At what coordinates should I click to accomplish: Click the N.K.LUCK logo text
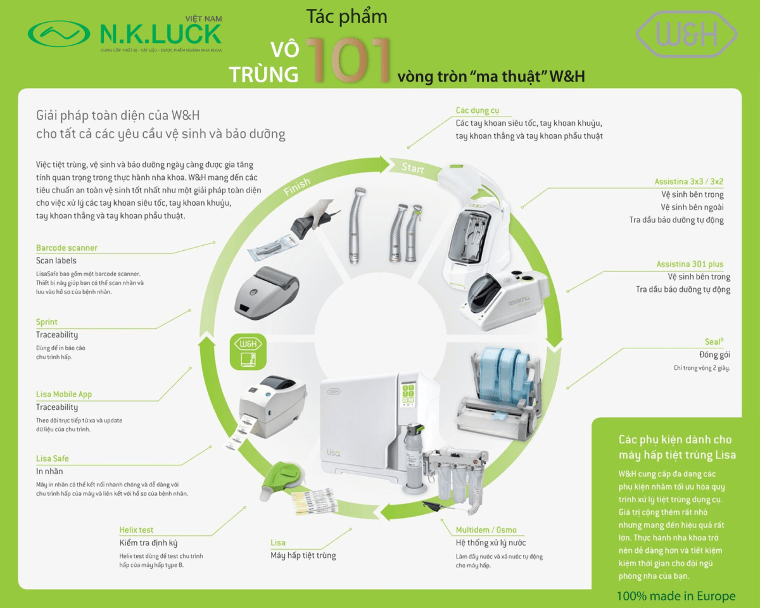click(160, 33)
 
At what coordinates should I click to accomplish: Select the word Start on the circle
click(413, 168)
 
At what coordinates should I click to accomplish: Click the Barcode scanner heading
click(66, 248)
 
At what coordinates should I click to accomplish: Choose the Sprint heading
click(47, 322)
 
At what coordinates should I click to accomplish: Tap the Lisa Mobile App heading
click(64, 394)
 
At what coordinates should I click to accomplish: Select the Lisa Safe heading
click(53, 458)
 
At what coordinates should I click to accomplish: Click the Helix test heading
click(136, 529)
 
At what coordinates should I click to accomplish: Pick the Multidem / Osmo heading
click(486, 529)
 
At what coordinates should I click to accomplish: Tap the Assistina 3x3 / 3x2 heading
click(689, 182)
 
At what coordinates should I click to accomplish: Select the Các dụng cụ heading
click(477, 110)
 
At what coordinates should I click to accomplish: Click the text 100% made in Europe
click(676, 596)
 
